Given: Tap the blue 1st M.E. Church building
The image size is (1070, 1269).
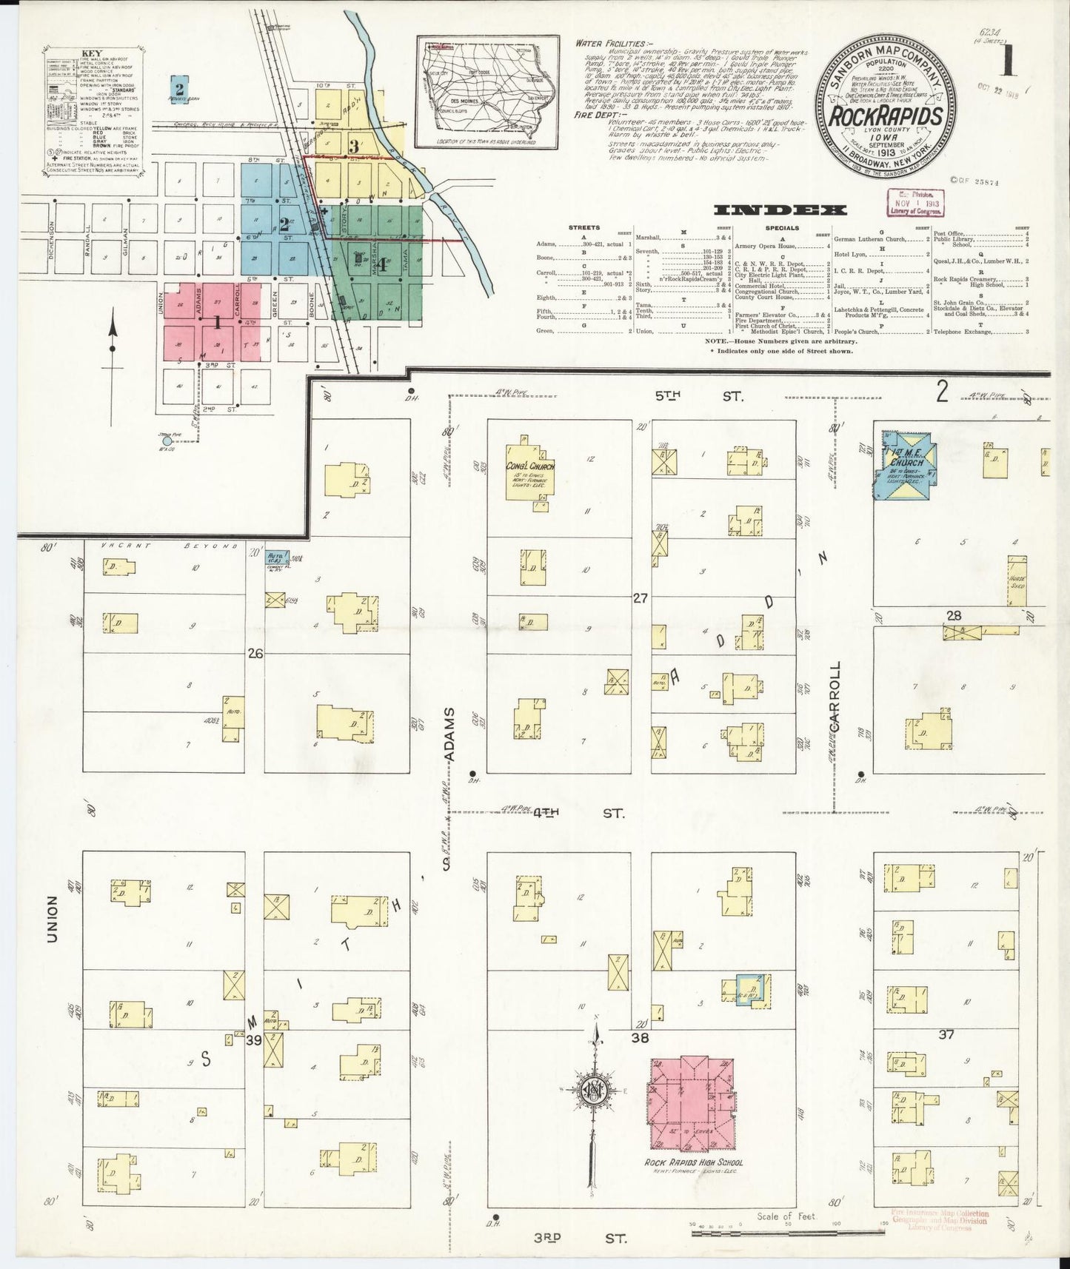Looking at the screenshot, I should point(906,471).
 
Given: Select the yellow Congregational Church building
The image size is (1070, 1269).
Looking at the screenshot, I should point(530,472).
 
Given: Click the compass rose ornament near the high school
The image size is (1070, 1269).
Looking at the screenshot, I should point(593,1091).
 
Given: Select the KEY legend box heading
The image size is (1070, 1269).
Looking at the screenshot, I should point(92,54).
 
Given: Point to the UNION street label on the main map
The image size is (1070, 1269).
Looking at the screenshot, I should point(52,921).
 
